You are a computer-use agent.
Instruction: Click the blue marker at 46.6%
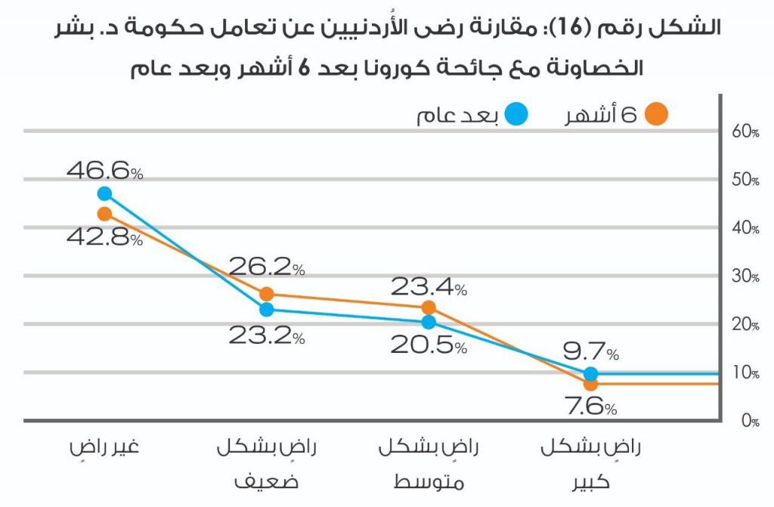point(104,194)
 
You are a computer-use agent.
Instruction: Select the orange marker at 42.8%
point(104,214)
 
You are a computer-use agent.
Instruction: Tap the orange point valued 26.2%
point(266,294)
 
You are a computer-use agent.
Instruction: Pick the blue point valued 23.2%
point(266,309)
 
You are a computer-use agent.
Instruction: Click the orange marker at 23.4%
point(429,308)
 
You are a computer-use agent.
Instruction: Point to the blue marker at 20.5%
point(429,322)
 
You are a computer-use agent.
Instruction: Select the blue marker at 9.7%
point(591,373)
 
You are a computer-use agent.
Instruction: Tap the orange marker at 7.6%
point(591,384)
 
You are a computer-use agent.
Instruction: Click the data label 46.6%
point(104,171)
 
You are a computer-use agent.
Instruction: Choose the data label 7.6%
point(591,408)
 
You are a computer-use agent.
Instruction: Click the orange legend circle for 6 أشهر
point(658,115)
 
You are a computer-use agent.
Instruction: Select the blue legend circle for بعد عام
point(517,115)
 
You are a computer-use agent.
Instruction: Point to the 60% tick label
point(745,131)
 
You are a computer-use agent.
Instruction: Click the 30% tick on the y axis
point(745,277)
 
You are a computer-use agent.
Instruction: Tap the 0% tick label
point(749,422)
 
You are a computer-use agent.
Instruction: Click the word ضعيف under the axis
point(266,480)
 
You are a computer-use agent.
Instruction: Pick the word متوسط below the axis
point(429,480)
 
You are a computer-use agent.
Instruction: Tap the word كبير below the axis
point(591,480)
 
